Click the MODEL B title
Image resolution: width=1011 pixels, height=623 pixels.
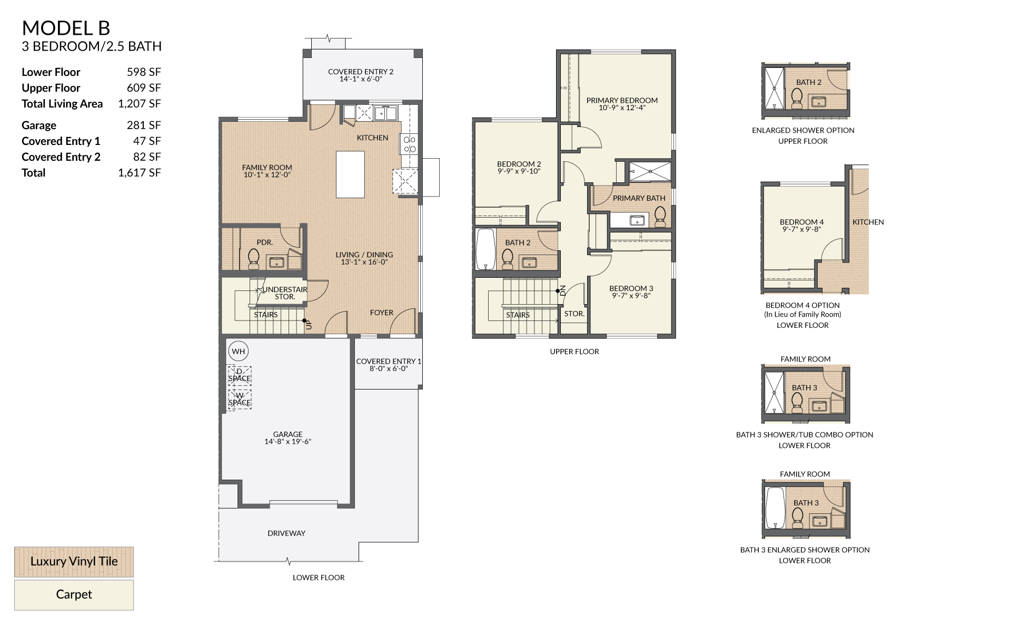click(66, 28)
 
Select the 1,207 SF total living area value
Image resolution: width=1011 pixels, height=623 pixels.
click(140, 104)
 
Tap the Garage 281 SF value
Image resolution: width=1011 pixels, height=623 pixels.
click(144, 125)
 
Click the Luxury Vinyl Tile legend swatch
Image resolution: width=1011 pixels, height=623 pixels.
click(74, 561)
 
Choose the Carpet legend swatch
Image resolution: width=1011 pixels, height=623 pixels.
click(74, 595)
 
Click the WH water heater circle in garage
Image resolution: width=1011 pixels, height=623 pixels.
click(239, 352)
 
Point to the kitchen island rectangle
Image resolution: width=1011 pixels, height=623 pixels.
click(350, 174)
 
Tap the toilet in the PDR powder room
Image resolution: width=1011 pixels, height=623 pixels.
click(254, 258)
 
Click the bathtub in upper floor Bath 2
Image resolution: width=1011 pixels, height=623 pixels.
click(485, 249)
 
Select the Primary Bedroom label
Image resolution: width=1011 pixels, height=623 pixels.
click(622, 104)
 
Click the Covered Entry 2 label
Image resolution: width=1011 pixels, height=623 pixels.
click(361, 75)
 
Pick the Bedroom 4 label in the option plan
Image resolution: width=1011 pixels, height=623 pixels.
click(801, 226)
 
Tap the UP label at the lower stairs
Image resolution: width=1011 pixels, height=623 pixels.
click(309, 325)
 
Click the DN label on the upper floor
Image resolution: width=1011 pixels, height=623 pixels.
click(563, 290)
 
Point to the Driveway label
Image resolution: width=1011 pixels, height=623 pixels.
click(286, 533)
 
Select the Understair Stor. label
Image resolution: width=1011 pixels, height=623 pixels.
click(285, 293)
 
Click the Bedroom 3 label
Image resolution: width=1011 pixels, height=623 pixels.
click(631, 292)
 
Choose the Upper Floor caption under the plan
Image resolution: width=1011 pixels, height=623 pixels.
click(574, 352)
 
